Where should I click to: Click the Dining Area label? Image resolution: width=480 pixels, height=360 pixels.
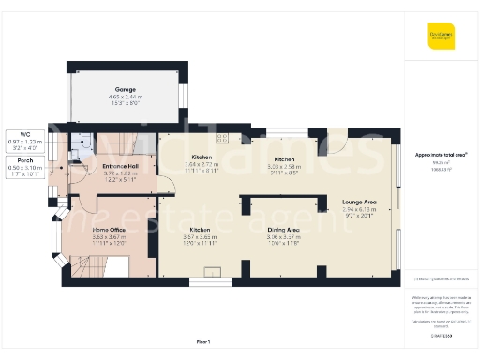click(x=283, y=230)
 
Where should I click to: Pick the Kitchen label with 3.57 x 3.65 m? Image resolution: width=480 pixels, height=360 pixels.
click(x=200, y=230)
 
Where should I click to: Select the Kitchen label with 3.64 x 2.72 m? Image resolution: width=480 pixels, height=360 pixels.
click(x=201, y=157)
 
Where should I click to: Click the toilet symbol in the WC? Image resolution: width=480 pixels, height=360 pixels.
click(x=85, y=143)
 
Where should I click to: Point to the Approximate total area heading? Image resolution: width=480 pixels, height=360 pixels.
click(x=442, y=153)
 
